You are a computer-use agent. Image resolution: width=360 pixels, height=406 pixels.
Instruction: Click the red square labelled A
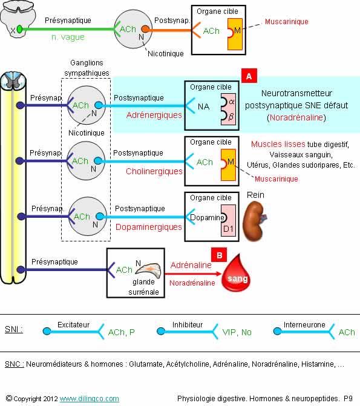249,76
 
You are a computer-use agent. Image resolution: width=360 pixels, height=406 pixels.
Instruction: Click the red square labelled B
219,255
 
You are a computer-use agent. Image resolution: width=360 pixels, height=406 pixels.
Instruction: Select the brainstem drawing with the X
18,19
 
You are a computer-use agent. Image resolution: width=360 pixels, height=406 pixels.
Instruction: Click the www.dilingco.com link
90,399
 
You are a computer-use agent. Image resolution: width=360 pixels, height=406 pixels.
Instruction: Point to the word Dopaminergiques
149,227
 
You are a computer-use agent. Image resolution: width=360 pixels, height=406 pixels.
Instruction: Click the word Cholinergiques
154,171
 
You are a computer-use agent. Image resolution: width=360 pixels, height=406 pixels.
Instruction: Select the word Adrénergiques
154,115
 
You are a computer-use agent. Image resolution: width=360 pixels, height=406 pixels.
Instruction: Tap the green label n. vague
68,38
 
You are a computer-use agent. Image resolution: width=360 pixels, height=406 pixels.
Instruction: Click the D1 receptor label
228,229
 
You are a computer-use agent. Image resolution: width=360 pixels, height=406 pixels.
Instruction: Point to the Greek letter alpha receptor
232,102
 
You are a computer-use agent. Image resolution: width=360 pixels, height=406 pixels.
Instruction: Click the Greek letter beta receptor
231,117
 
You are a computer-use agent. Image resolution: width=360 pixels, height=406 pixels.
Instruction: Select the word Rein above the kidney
255,195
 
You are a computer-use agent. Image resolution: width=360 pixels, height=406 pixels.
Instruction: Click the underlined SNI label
14,329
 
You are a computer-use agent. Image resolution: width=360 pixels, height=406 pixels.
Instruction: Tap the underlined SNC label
15,364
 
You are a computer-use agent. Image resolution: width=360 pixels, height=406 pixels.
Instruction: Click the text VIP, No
237,332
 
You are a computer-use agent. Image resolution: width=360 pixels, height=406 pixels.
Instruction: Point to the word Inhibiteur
188,325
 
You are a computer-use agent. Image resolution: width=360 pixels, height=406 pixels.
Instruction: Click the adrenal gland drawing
149,270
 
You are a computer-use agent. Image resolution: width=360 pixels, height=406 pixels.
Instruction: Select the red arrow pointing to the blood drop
193,273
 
